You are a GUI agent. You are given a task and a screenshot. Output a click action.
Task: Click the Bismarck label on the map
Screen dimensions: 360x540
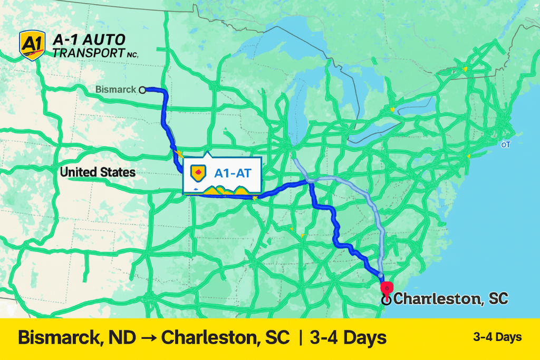coord(115,90)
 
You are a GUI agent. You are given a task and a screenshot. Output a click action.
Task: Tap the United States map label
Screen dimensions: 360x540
coord(98,172)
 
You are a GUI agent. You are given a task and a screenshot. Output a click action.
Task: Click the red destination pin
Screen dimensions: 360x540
coord(387,288)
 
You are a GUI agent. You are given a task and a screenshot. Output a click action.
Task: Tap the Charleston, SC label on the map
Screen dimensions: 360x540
coord(451,299)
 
